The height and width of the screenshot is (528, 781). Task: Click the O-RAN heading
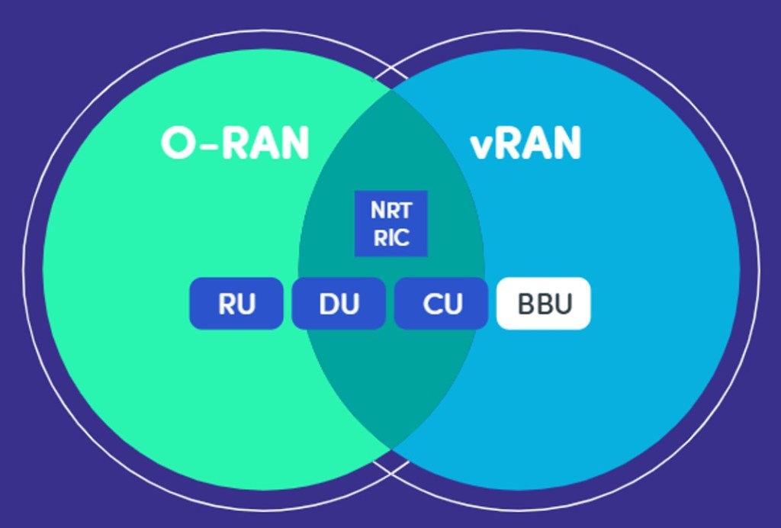coord(235,143)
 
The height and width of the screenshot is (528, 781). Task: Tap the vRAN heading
coord(525,143)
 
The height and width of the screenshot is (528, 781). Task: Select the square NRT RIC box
coord(390,224)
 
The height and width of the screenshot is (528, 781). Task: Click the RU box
coord(236,304)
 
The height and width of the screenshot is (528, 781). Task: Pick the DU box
coord(339,304)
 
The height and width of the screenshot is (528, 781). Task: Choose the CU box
coord(441,304)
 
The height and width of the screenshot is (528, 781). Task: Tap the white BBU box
coord(543,304)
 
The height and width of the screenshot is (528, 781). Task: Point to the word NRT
coord(390,211)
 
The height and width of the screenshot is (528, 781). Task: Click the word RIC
coord(390,237)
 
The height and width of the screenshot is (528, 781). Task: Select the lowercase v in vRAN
coord(481,146)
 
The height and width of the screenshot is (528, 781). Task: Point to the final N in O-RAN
coord(294,143)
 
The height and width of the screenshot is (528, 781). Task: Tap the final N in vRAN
coord(566,143)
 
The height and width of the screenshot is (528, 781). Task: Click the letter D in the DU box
coord(329,304)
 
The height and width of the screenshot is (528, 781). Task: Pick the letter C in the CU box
coord(432,304)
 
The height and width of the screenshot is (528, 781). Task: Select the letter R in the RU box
coord(227,304)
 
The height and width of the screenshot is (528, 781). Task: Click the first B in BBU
coord(525,304)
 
